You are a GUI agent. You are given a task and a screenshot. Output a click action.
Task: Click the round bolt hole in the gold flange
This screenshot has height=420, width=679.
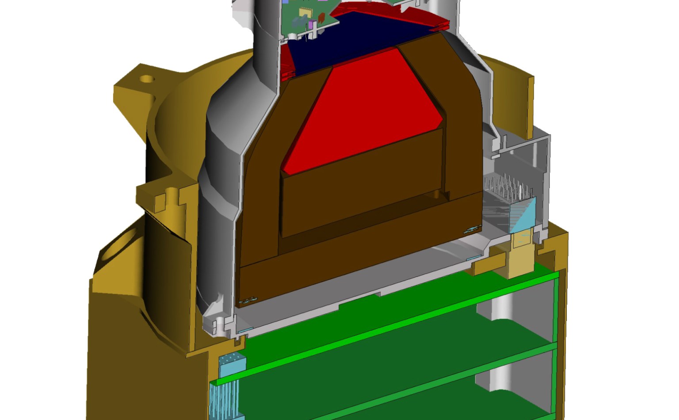147,80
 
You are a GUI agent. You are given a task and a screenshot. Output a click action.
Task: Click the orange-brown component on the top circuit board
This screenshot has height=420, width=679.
322,18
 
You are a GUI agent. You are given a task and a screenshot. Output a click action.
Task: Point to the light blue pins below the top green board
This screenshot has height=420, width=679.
225,398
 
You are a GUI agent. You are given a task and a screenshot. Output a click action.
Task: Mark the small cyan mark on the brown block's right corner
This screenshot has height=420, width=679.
472,229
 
